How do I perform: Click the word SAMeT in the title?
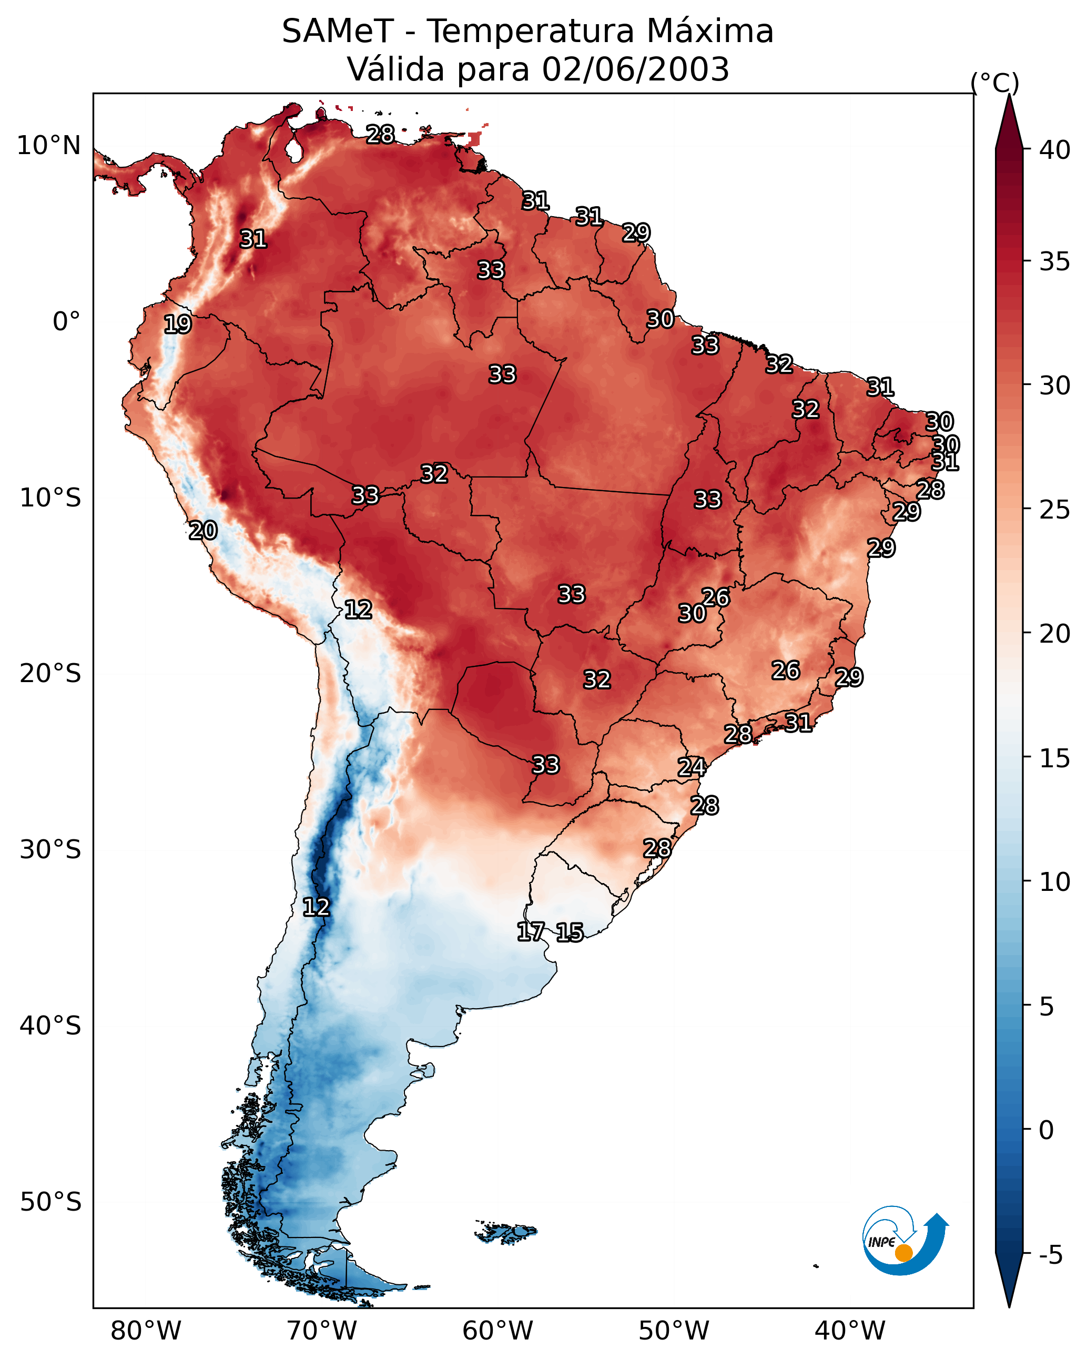pyautogui.click(x=338, y=32)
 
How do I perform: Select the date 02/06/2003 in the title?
pyautogui.click(x=635, y=69)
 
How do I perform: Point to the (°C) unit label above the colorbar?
pyautogui.click(x=995, y=83)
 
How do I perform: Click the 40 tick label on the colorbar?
pyautogui.click(x=1055, y=150)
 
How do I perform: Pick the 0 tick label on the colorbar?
pyautogui.click(x=1047, y=1130)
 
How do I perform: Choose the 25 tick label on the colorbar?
pyautogui.click(x=1055, y=510)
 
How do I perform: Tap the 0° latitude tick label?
pyautogui.click(x=67, y=322)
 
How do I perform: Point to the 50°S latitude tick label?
pyautogui.click(x=50, y=1202)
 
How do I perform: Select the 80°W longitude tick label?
pyautogui.click(x=146, y=1331)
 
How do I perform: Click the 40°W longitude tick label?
pyautogui.click(x=850, y=1331)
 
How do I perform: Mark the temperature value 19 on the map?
pyautogui.click(x=177, y=324)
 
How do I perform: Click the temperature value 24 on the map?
pyautogui.click(x=692, y=767)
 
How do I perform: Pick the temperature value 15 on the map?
pyautogui.click(x=570, y=932)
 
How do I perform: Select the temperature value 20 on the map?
pyautogui.click(x=203, y=531)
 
